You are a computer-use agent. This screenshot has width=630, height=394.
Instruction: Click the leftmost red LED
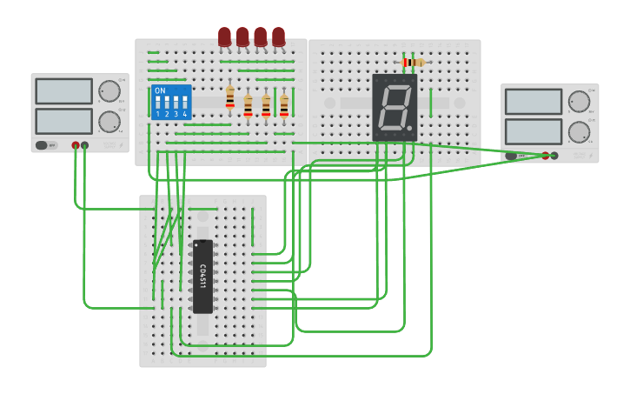click(x=224, y=36)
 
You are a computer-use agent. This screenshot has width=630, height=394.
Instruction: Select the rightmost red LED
click(x=278, y=36)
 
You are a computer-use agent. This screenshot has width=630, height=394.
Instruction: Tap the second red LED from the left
click(x=242, y=36)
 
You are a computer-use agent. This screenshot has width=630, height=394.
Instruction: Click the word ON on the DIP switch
click(x=160, y=90)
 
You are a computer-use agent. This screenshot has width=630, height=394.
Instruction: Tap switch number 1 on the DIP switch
click(x=157, y=104)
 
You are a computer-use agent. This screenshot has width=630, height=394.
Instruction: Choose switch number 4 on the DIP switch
click(x=184, y=104)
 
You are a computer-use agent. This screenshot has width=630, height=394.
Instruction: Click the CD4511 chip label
click(x=202, y=277)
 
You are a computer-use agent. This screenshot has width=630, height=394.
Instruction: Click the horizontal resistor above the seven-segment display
click(x=413, y=63)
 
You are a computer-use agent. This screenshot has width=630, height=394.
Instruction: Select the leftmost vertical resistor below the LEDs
click(x=229, y=98)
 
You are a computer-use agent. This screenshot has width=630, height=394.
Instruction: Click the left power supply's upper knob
click(x=109, y=91)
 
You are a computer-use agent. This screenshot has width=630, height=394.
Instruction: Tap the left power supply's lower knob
click(x=109, y=121)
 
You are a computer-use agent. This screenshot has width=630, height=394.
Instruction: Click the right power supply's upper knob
click(x=579, y=102)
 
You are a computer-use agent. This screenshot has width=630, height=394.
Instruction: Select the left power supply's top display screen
click(x=63, y=91)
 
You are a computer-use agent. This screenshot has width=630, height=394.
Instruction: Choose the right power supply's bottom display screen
click(x=533, y=131)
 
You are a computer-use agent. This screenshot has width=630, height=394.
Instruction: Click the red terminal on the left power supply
click(x=76, y=145)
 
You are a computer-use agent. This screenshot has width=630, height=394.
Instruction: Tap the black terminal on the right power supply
click(x=554, y=156)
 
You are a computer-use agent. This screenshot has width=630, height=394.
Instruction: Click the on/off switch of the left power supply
click(x=42, y=145)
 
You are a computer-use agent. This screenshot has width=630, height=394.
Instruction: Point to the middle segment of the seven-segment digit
click(x=395, y=109)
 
